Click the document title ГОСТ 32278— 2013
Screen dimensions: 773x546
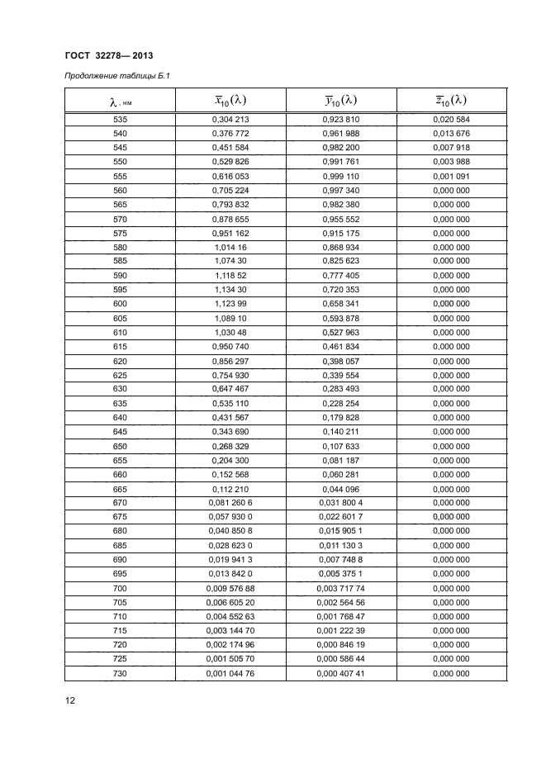(x=108, y=55)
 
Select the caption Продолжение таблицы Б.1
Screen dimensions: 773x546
(x=118, y=77)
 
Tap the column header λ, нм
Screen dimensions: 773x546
(x=120, y=102)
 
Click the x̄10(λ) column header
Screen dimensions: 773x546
(x=230, y=101)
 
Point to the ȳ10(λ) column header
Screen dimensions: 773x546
(x=341, y=101)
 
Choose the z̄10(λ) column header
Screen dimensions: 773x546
(x=451, y=101)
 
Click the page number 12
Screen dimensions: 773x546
(x=70, y=701)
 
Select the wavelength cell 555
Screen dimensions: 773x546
(x=120, y=176)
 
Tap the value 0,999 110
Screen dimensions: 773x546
(x=341, y=176)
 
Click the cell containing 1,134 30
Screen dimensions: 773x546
(x=230, y=290)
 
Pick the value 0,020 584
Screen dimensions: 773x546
(x=451, y=119)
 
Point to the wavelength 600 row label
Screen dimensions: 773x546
(x=120, y=304)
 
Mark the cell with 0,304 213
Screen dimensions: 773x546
(x=230, y=119)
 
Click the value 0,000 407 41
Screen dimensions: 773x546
(x=341, y=674)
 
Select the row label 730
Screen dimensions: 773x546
(x=120, y=674)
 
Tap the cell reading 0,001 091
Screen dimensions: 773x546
(x=451, y=176)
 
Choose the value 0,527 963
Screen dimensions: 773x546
(x=341, y=332)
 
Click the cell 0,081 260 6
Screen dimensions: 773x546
(x=230, y=503)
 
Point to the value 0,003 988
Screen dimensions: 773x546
(x=451, y=162)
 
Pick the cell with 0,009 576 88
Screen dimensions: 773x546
(x=230, y=588)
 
